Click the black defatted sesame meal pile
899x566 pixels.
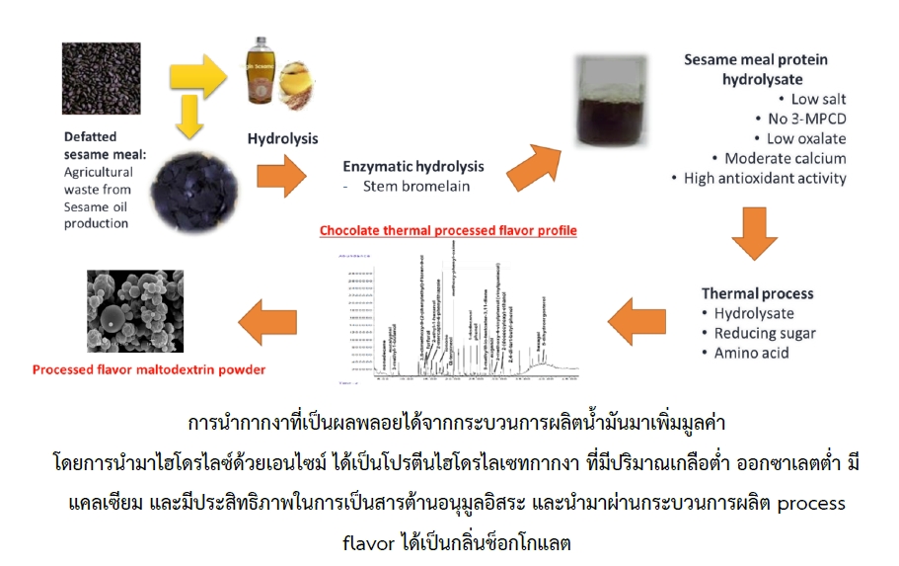pyautogui.click(x=184, y=182)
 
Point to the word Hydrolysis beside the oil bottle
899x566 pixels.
pyautogui.click(x=282, y=138)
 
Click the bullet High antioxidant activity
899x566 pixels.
pyautogui.click(x=766, y=178)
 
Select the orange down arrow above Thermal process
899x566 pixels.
pyautogui.click(x=758, y=235)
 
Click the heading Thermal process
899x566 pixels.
pyautogui.click(x=757, y=293)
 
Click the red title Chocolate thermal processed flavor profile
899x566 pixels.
pyautogui.click(x=447, y=231)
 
